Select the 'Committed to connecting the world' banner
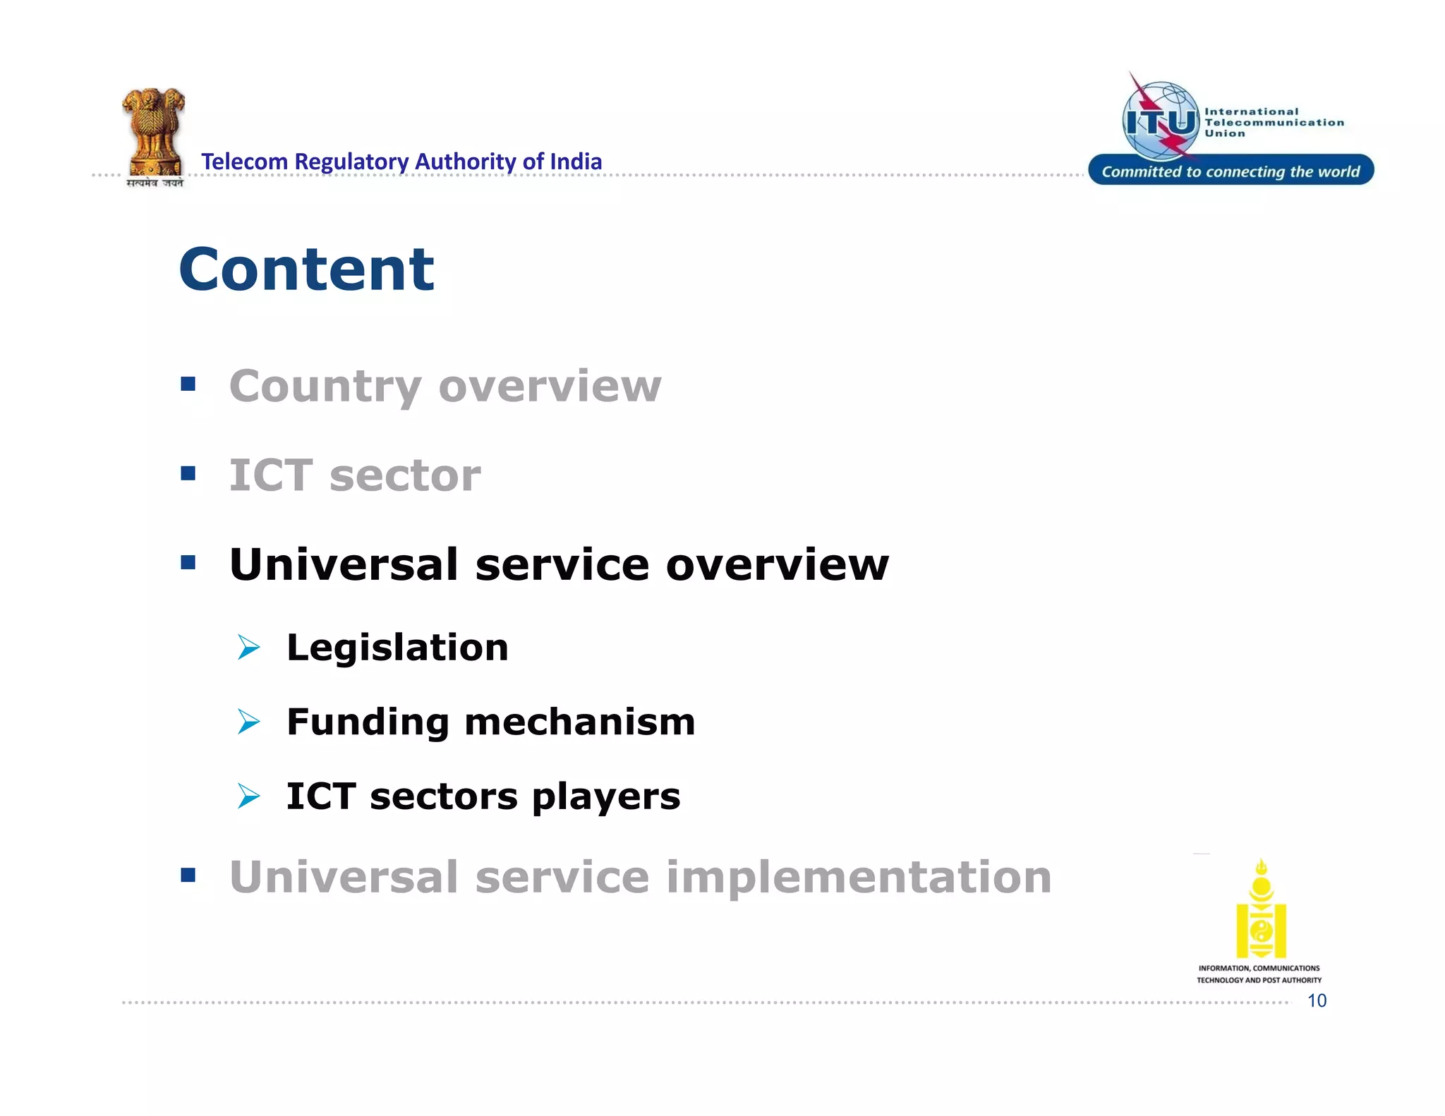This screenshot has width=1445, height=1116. point(1231,171)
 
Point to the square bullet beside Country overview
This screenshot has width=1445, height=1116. point(188,384)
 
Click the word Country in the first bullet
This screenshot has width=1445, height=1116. point(325,387)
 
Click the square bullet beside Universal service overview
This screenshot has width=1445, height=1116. point(188,562)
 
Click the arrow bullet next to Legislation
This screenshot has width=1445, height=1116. point(248,647)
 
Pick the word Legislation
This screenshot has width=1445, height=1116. point(397,647)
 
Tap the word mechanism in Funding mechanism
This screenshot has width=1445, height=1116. point(579,722)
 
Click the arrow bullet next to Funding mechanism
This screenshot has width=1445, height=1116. point(248,722)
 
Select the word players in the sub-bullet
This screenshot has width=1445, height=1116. point(606,796)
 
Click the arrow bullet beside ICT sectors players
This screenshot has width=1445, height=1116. point(248,796)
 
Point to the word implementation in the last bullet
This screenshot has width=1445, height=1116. point(858,877)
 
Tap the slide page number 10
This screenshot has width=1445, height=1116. point(1317,1000)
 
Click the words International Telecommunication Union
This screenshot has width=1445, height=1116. point(1273,122)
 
